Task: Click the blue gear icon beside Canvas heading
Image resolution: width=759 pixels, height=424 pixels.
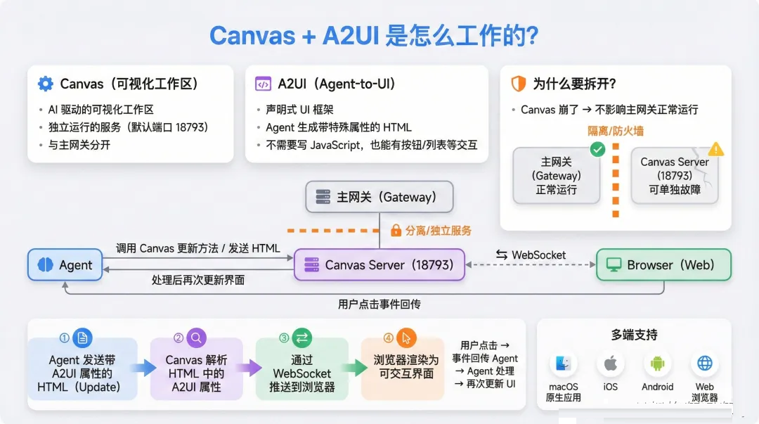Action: click(x=46, y=84)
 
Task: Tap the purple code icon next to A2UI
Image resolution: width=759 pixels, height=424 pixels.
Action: click(x=263, y=84)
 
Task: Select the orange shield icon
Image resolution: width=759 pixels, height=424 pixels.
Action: click(x=519, y=84)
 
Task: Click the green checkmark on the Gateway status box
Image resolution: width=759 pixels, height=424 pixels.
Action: click(x=598, y=149)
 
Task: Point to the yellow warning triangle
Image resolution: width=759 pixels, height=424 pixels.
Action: click(x=716, y=149)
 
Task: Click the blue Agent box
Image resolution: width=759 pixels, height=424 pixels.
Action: click(x=65, y=264)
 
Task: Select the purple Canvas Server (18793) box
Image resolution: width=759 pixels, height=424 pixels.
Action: click(x=379, y=264)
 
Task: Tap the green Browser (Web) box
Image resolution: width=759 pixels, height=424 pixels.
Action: click(x=663, y=264)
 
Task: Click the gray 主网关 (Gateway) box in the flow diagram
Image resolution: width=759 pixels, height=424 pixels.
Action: click(x=379, y=197)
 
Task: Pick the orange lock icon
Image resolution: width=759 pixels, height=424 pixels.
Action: click(x=396, y=230)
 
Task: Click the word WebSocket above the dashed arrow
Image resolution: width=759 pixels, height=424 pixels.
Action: click(x=538, y=255)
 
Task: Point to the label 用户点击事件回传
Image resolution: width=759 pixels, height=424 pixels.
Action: click(x=379, y=304)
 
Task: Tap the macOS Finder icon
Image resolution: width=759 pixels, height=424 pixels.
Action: click(x=563, y=363)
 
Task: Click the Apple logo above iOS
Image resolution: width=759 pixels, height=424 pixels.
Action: click(x=611, y=363)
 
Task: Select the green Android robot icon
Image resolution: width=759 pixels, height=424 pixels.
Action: click(x=657, y=363)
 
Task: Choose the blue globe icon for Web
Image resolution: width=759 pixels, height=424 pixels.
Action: click(x=705, y=363)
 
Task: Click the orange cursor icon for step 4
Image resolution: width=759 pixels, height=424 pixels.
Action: click(x=406, y=338)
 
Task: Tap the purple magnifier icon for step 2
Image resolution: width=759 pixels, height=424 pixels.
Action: click(x=196, y=338)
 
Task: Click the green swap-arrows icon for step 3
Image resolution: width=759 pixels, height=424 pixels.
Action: click(x=301, y=338)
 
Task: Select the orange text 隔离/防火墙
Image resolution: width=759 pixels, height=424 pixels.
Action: click(x=615, y=131)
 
